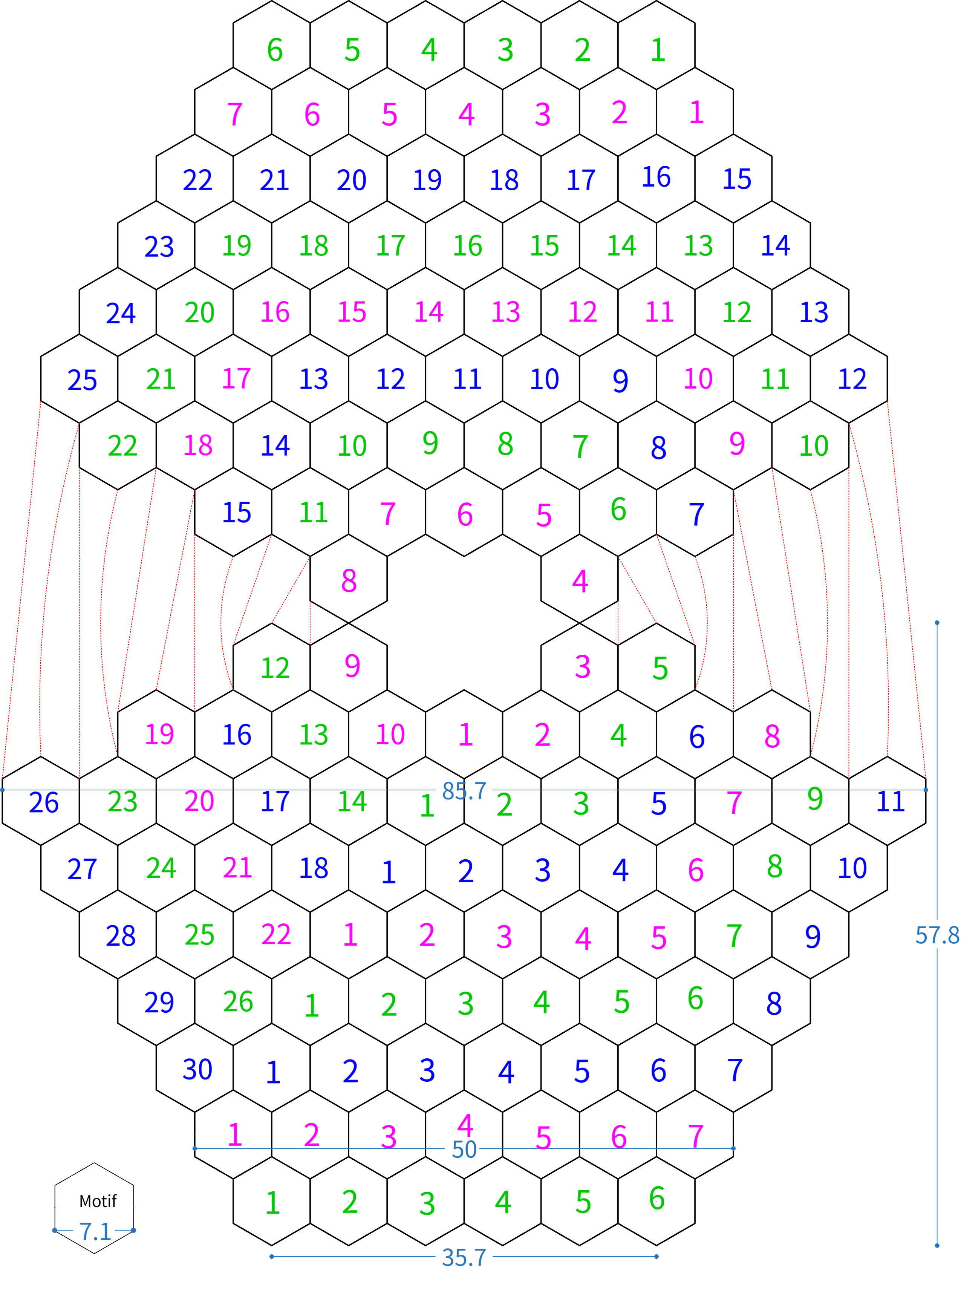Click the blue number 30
coord(197,1070)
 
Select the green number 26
coord(238,1002)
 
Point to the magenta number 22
coord(276,935)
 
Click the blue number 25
coord(82,380)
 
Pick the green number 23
coord(122,802)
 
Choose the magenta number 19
coord(159,734)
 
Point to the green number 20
coord(199,312)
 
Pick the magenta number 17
coord(236,379)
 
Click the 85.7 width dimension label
coord(464,790)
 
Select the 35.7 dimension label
coord(464,1258)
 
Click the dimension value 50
coord(464,1150)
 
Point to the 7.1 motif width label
coord(95,1231)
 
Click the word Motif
coord(98,1201)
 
